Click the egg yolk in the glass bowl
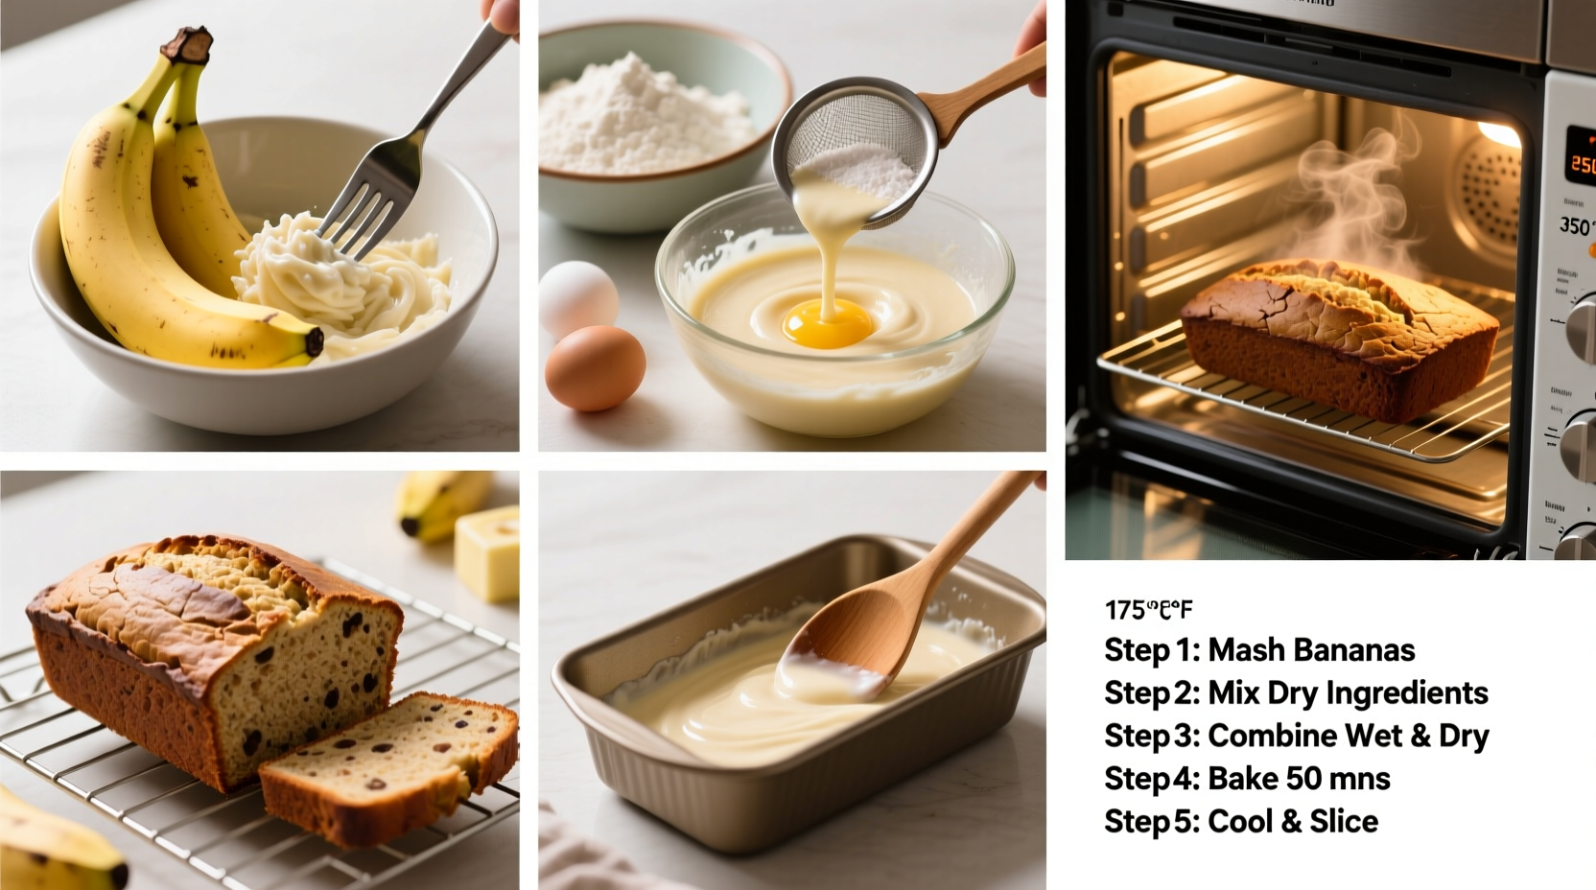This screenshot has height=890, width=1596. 827,322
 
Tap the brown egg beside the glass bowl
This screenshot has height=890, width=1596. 595,368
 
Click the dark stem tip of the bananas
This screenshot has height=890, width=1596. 193,44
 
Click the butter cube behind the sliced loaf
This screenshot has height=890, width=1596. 488,553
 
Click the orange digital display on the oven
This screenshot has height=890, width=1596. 1582,164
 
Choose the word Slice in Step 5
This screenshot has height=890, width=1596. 1347,821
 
